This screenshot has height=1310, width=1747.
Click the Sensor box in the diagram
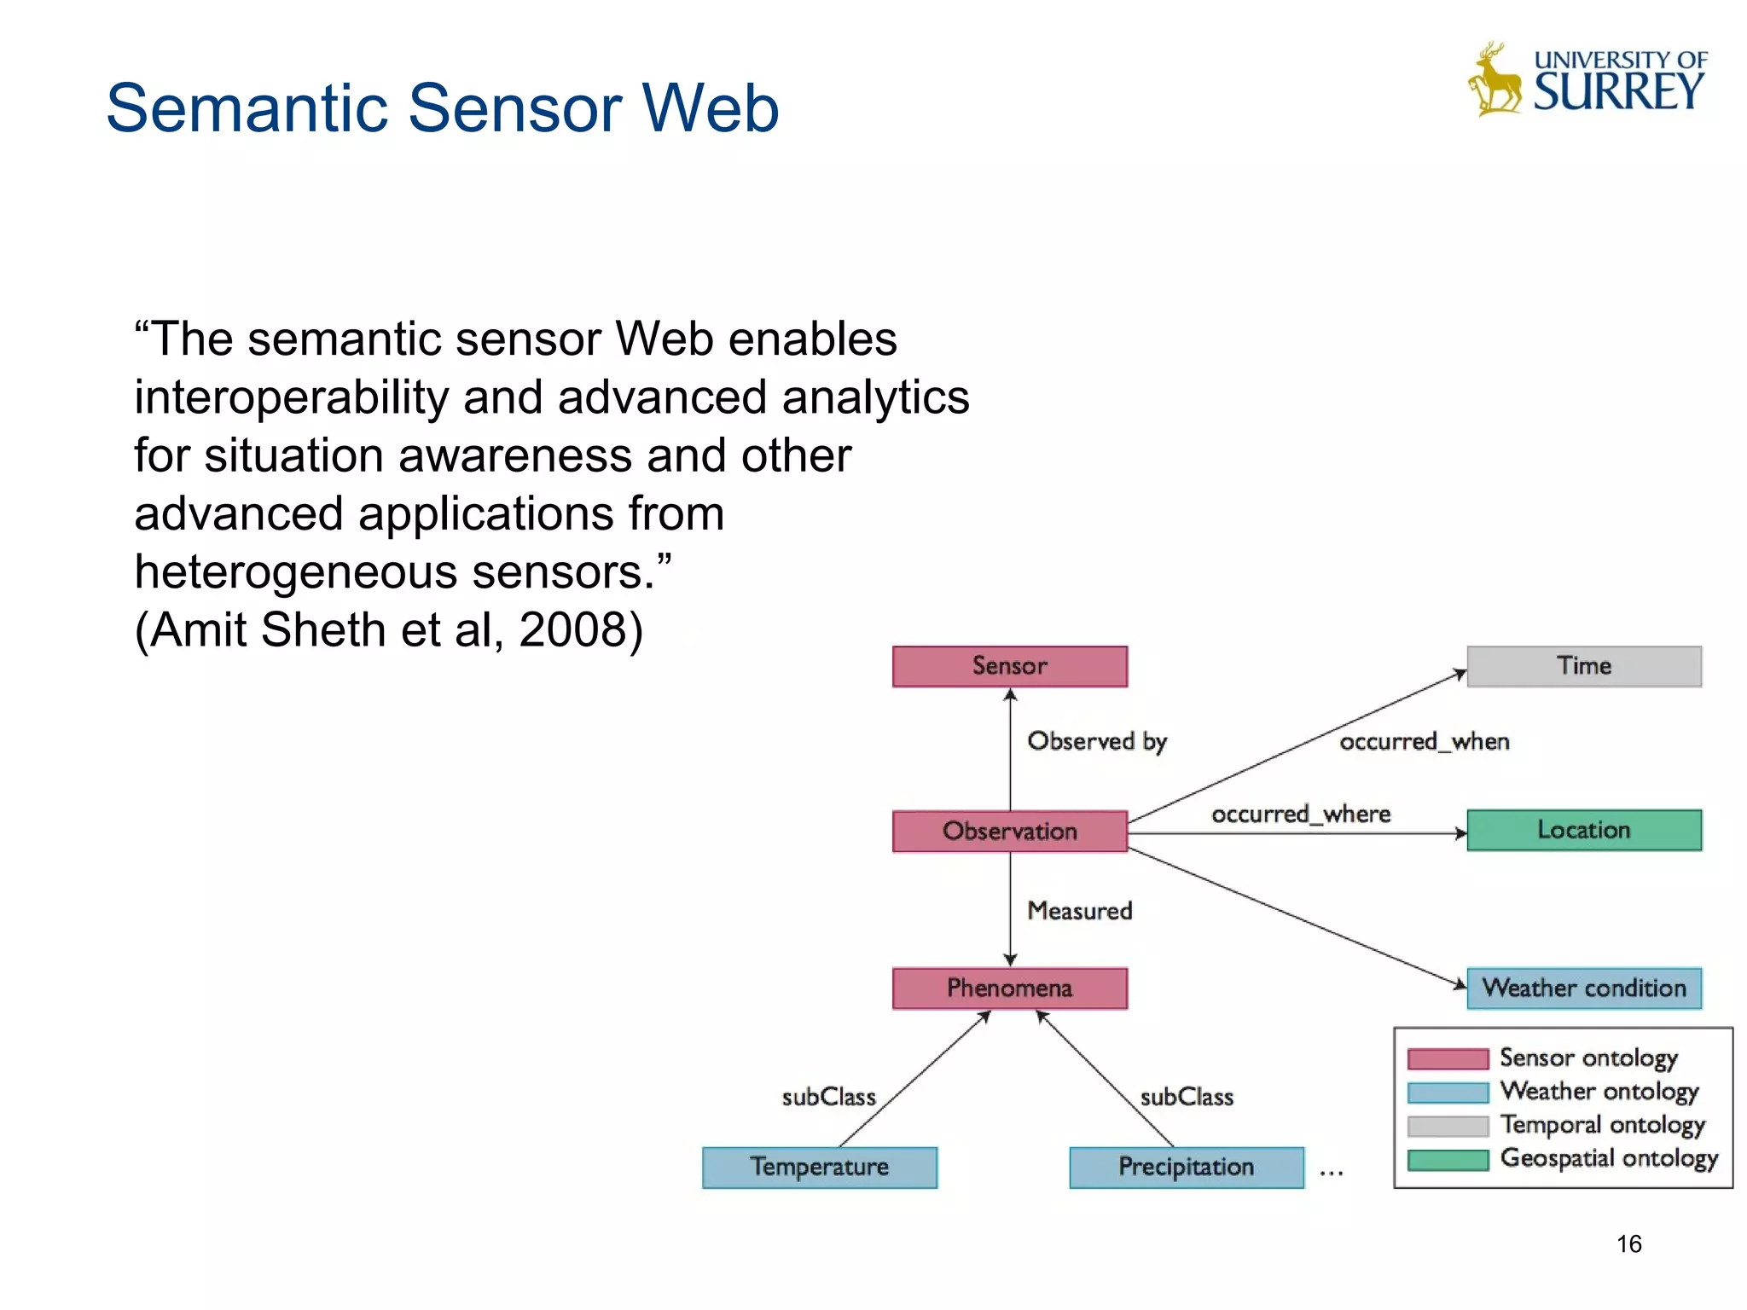click(x=1009, y=666)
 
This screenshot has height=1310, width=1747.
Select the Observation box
click(x=1009, y=831)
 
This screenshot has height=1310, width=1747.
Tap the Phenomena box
click(x=1009, y=988)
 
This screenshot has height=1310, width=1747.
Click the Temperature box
click(x=819, y=1167)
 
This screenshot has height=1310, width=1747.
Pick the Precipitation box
click(x=1186, y=1167)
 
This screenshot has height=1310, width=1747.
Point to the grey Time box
click(x=1583, y=666)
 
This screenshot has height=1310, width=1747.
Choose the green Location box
click(x=1583, y=830)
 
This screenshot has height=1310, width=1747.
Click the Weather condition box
click(x=1583, y=988)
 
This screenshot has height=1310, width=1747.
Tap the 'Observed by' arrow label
click(x=1097, y=741)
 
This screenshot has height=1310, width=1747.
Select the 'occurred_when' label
click(x=1424, y=742)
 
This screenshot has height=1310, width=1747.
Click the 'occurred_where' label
click(x=1301, y=814)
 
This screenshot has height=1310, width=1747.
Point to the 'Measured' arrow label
click(x=1080, y=911)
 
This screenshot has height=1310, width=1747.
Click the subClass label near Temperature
click(x=828, y=1097)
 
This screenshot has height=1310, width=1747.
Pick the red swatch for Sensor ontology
click(x=1448, y=1059)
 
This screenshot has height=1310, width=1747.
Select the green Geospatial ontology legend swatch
click(x=1448, y=1160)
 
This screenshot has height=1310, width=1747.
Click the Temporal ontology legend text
click(x=1602, y=1125)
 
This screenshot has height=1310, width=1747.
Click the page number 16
click(x=1628, y=1243)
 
